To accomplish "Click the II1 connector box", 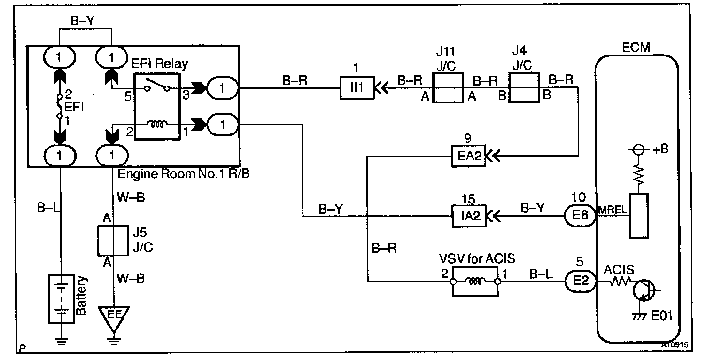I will coord(357,88).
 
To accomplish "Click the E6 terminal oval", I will coord(580,217).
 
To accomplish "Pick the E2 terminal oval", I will coord(580,282).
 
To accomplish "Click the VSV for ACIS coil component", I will coord(475,282).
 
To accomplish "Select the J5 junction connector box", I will coord(113,241).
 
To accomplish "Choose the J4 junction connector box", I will coord(524,88).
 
